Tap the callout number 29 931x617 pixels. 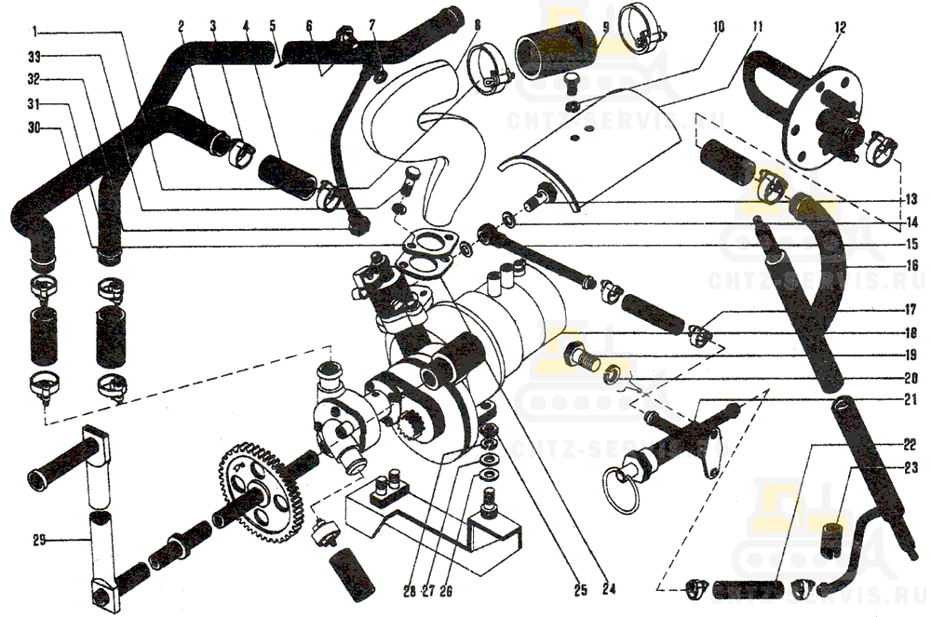click(38, 540)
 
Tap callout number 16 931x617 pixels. click(910, 265)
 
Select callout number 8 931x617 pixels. click(479, 25)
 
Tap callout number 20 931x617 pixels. click(910, 379)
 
